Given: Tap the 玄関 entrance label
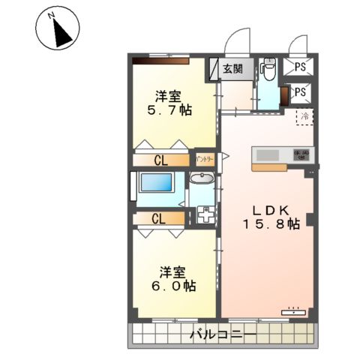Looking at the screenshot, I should pyautogui.click(x=232, y=69).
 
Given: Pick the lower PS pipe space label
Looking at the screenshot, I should pyautogui.click(x=300, y=92).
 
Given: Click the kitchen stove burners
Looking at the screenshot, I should pyautogui.click(x=302, y=154).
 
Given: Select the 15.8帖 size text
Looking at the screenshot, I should pyautogui.click(x=271, y=223).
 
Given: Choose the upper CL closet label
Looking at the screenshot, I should pyautogui.click(x=161, y=160).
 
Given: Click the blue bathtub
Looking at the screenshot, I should pyautogui.click(x=157, y=184).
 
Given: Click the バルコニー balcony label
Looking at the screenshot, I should pyautogui.click(x=223, y=334).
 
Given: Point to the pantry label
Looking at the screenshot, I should pyautogui.click(x=205, y=159).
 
